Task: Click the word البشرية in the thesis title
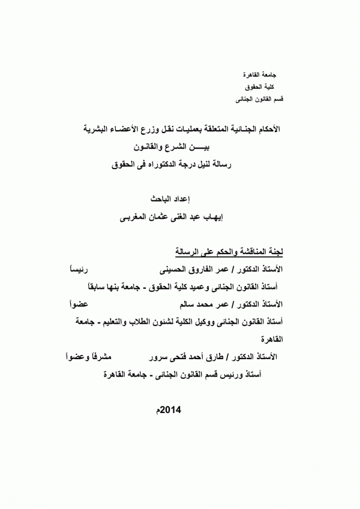point(99,129)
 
